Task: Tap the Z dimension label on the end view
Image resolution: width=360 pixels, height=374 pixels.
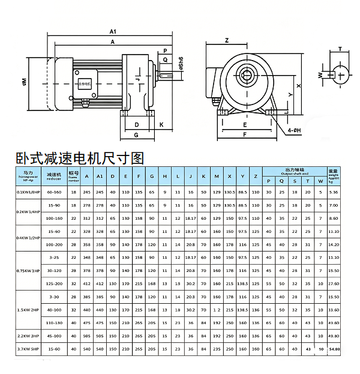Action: (227, 41)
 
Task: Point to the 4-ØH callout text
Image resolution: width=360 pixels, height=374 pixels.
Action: (294, 130)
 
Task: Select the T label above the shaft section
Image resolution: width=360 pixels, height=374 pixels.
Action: (340, 49)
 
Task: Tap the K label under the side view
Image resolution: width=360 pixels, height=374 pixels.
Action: (161, 125)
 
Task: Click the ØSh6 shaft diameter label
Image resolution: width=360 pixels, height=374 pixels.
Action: (181, 62)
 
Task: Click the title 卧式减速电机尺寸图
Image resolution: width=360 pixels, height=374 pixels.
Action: (80, 158)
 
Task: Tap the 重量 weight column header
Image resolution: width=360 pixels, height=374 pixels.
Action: (334, 170)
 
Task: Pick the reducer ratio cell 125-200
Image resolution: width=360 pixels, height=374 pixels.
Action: (54, 283)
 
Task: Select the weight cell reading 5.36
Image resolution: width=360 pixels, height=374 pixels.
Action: (334, 192)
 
